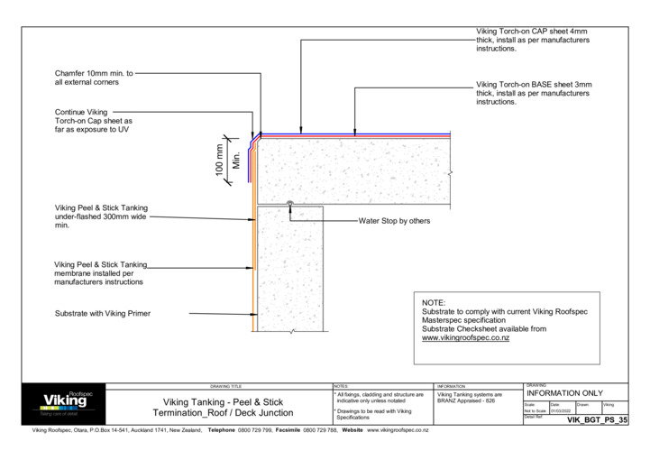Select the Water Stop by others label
click(394, 220)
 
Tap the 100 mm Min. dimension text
click(226, 161)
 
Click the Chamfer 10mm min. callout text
click(94, 78)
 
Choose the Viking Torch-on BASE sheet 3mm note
click(532, 94)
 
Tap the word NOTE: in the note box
click(435, 303)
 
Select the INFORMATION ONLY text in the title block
click(563, 393)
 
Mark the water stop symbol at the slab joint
click(288, 203)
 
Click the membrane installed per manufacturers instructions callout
click(100, 273)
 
